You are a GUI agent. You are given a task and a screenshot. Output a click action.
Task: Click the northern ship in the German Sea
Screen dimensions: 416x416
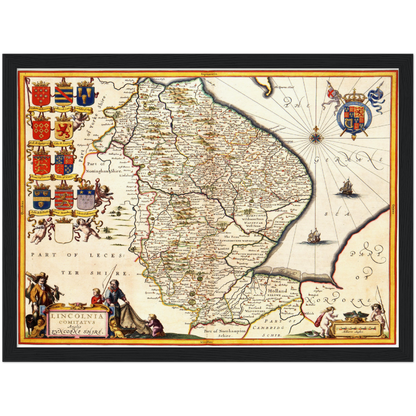(345, 187)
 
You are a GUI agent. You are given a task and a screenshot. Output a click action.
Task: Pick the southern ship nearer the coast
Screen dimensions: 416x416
(313, 236)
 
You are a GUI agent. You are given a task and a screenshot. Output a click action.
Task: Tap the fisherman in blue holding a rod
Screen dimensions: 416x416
(118, 300)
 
